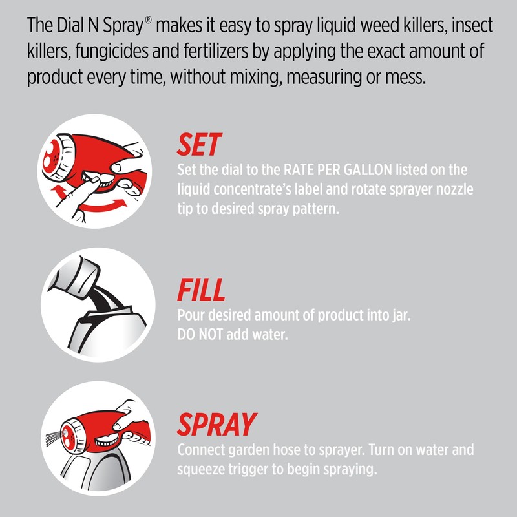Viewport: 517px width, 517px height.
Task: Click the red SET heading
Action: pyautogui.click(x=200, y=144)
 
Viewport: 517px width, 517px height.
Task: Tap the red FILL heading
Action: pyautogui.click(x=201, y=290)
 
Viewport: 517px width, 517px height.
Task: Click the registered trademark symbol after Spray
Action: pyautogui.click(x=148, y=20)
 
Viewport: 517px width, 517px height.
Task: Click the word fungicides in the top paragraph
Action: pyautogui.click(x=111, y=51)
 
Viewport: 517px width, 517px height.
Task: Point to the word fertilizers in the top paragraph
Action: pyautogui.click(x=216, y=51)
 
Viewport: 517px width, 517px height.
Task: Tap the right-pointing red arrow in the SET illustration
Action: pyautogui.click(x=104, y=206)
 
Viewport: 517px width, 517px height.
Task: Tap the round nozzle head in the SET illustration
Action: pyautogui.click(x=58, y=157)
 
